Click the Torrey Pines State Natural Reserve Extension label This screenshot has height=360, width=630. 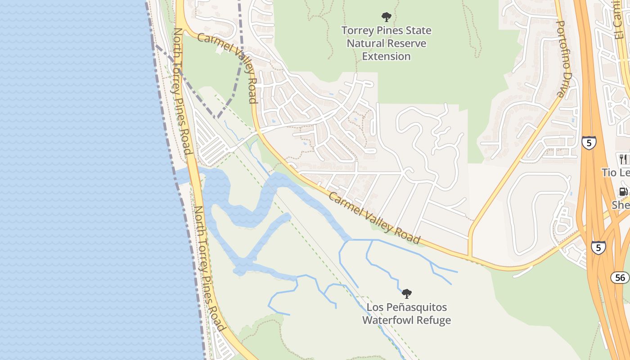click(x=386, y=43)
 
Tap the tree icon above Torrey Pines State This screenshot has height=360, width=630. click(x=386, y=18)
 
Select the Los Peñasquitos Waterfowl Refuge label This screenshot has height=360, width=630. click(x=406, y=314)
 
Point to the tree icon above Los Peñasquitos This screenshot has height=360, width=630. click(x=407, y=294)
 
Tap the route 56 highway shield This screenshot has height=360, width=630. click(x=620, y=278)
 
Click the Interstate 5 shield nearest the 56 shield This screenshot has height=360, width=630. click(x=598, y=247)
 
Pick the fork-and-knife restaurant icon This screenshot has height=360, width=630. click(x=623, y=159)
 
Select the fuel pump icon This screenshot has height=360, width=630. click(x=624, y=192)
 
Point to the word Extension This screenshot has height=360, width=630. click(x=386, y=56)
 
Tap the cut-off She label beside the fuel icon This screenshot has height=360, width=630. click(x=621, y=205)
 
